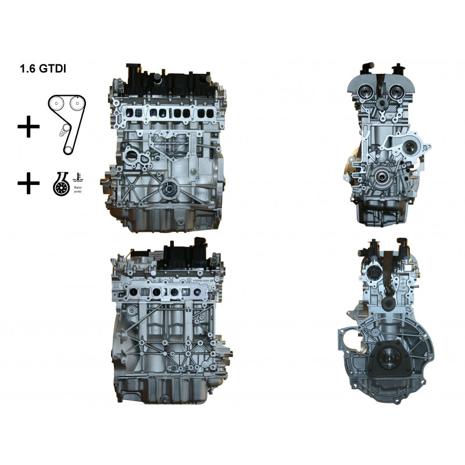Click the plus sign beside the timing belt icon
pyautogui.click(x=27, y=127)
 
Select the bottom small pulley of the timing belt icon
pyautogui.click(x=67, y=149)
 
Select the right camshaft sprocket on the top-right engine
pyautogui.click(x=399, y=92)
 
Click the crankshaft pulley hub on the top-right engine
pyautogui.click(x=383, y=178)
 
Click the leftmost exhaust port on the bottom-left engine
pyautogui.click(x=136, y=291)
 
